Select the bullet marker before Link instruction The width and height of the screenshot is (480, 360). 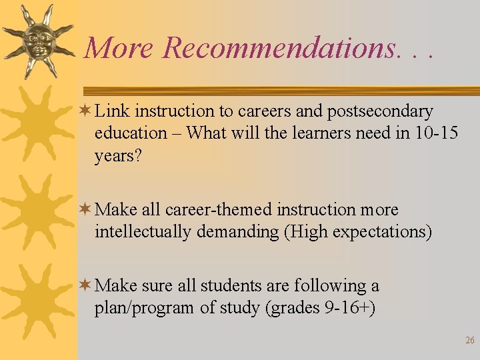point(85,111)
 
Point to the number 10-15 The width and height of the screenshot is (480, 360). point(436,133)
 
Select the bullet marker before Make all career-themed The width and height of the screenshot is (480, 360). point(85,209)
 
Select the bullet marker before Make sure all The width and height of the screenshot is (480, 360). point(85,285)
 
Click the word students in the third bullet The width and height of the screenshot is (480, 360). point(231,286)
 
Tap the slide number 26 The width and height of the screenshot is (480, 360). point(469,341)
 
